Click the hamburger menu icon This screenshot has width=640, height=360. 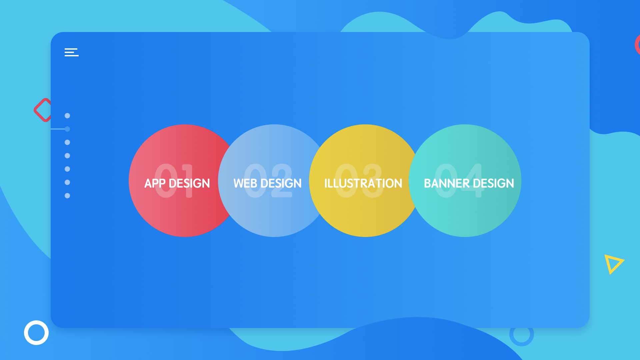pyautogui.click(x=71, y=52)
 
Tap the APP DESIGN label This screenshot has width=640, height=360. pyautogui.click(x=177, y=183)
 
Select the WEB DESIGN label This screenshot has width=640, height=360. pyautogui.click(x=267, y=183)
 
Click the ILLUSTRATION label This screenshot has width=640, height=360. pyautogui.click(x=363, y=183)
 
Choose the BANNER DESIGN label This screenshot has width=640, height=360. pyautogui.click(x=469, y=183)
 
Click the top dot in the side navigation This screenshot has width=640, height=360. pyautogui.click(x=67, y=116)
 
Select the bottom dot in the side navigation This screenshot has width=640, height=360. pyautogui.click(x=67, y=196)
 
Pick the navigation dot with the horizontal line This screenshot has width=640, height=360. pyautogui.click(x=67, y=129)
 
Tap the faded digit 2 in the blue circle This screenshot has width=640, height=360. pyautogui.click(x=282, y=181)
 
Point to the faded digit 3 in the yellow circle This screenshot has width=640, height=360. pyautogui.click(x=373, y=181)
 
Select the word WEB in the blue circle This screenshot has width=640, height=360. pyautogui.click(x=245, y=183)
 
